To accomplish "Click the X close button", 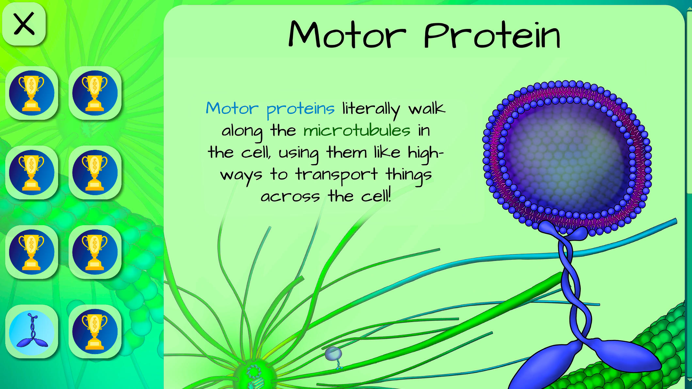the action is click(24, 24).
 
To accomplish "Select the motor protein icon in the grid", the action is click(32, 332).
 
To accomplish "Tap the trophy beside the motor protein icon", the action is click(95, 332).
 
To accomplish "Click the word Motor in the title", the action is click(347, 35).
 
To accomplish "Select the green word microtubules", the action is click(357, 131).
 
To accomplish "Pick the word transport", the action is click(336, 175).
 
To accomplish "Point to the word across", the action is click(290, 197).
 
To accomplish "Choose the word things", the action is click(409, 175).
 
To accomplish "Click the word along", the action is click(242, 132).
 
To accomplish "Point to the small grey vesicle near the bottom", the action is click(333, 354).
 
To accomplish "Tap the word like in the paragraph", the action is click(387, 152).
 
